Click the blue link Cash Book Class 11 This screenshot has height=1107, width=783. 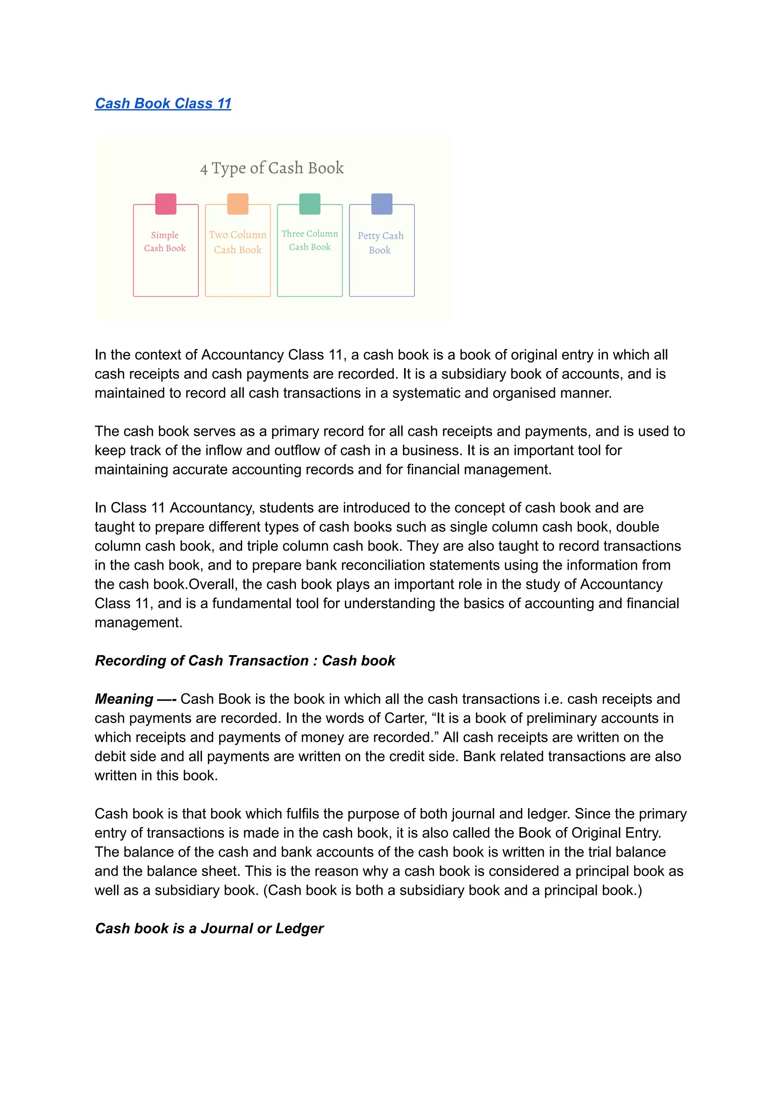click(x=163, y=103)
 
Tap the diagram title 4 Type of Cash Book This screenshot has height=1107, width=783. click(x=272, y=168)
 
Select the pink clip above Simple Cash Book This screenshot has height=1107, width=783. click(x=166, y=204)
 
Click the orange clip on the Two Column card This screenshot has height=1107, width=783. click(x=238, y=204)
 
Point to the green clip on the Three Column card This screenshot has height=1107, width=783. click(x=310, y=204)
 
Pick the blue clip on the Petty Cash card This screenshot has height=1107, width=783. click(x=382, y=204)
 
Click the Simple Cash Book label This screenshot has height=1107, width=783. click(x=165, y=241)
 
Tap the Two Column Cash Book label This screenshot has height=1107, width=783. click(x=238, y=242)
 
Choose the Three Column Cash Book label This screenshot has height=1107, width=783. click(x=310, y=240)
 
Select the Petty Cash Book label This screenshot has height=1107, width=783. click(x=380, y=243)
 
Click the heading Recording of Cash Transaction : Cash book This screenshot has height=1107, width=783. click(x=245, y=660)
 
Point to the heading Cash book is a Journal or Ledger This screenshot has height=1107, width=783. click(x=209, y=928)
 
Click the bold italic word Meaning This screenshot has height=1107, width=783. click(x=124, y=699)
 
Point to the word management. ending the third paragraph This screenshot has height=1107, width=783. click(x=138, y=623)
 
